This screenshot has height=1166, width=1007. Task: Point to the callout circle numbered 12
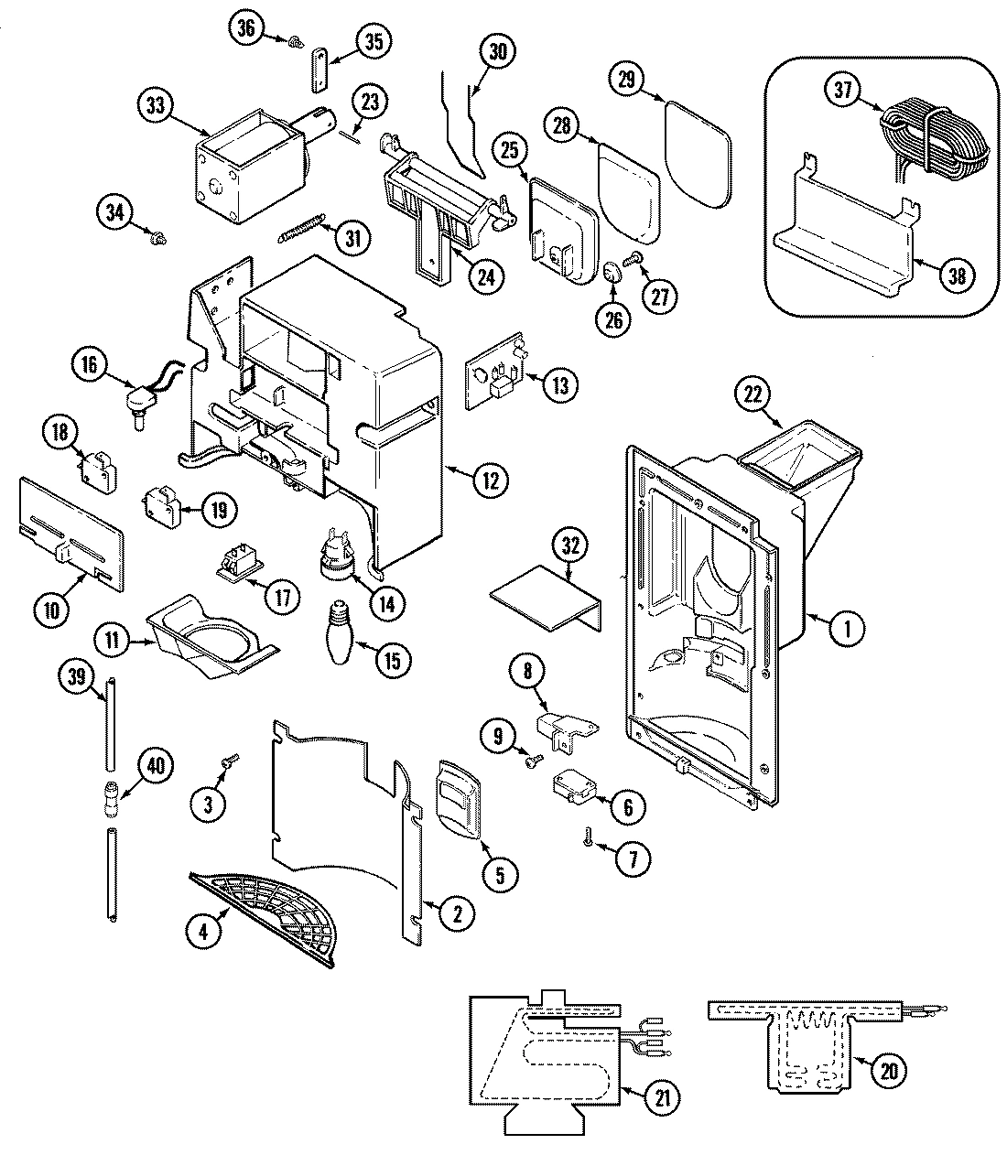(x=491, y=477)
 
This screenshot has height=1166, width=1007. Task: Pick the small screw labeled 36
(x=297, y=42)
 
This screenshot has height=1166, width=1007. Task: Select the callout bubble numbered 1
(x=849, y=627)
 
